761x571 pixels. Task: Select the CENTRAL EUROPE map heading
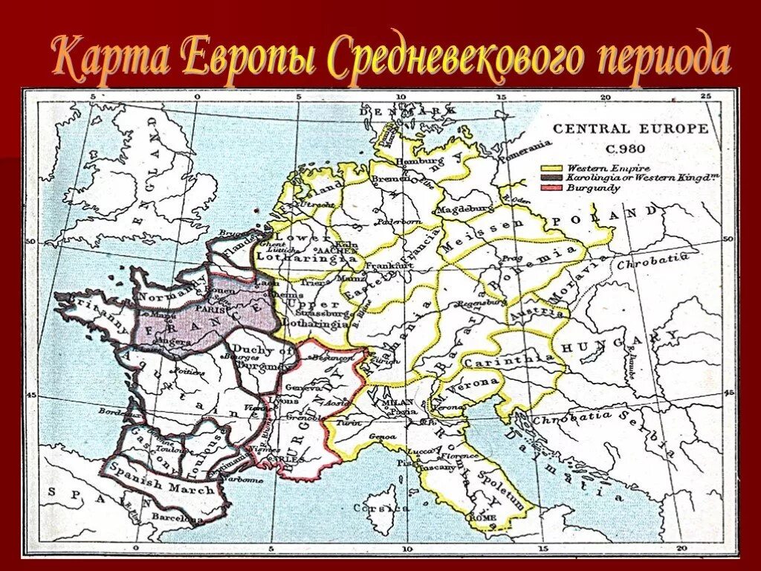(630, 129)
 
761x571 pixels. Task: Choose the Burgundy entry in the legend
(593, 189)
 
